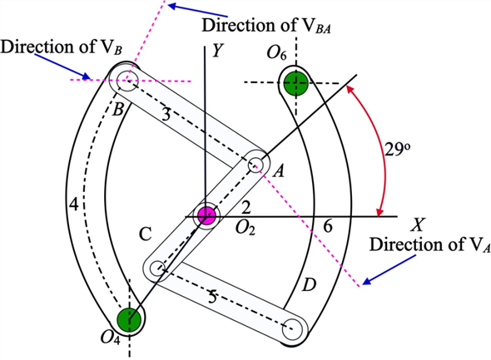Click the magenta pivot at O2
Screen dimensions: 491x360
(x=206, y=215)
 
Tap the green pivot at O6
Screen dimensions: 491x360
(x=296, y=83)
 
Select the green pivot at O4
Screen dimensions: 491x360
(x=129, y=320)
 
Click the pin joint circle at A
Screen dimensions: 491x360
(x=255, y=164)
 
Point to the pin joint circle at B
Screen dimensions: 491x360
(x=126, y=81)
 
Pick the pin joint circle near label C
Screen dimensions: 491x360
(x=157, y=269)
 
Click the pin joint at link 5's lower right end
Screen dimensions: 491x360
(x=292, y=329)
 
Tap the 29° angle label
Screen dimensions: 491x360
(x=397, y=150)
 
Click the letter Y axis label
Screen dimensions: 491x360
(x=217, y=50)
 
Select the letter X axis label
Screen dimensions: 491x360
(x=418, y=224)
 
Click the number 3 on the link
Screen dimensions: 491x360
(x=166, y=115)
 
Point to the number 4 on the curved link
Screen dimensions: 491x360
(x=73, y=205)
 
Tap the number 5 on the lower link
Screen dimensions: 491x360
(x=212, y=297)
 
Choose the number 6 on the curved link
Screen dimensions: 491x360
(x=328, y=225)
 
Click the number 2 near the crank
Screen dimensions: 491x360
(x=246, y=207)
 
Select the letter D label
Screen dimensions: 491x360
(x=309, y=285)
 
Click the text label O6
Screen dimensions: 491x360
(x=276, y=52)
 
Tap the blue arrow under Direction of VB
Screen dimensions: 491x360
(x=62, y=67)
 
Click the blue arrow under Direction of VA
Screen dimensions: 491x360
(x=389, y=269)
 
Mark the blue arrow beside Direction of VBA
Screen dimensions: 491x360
(x=197, y=10)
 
